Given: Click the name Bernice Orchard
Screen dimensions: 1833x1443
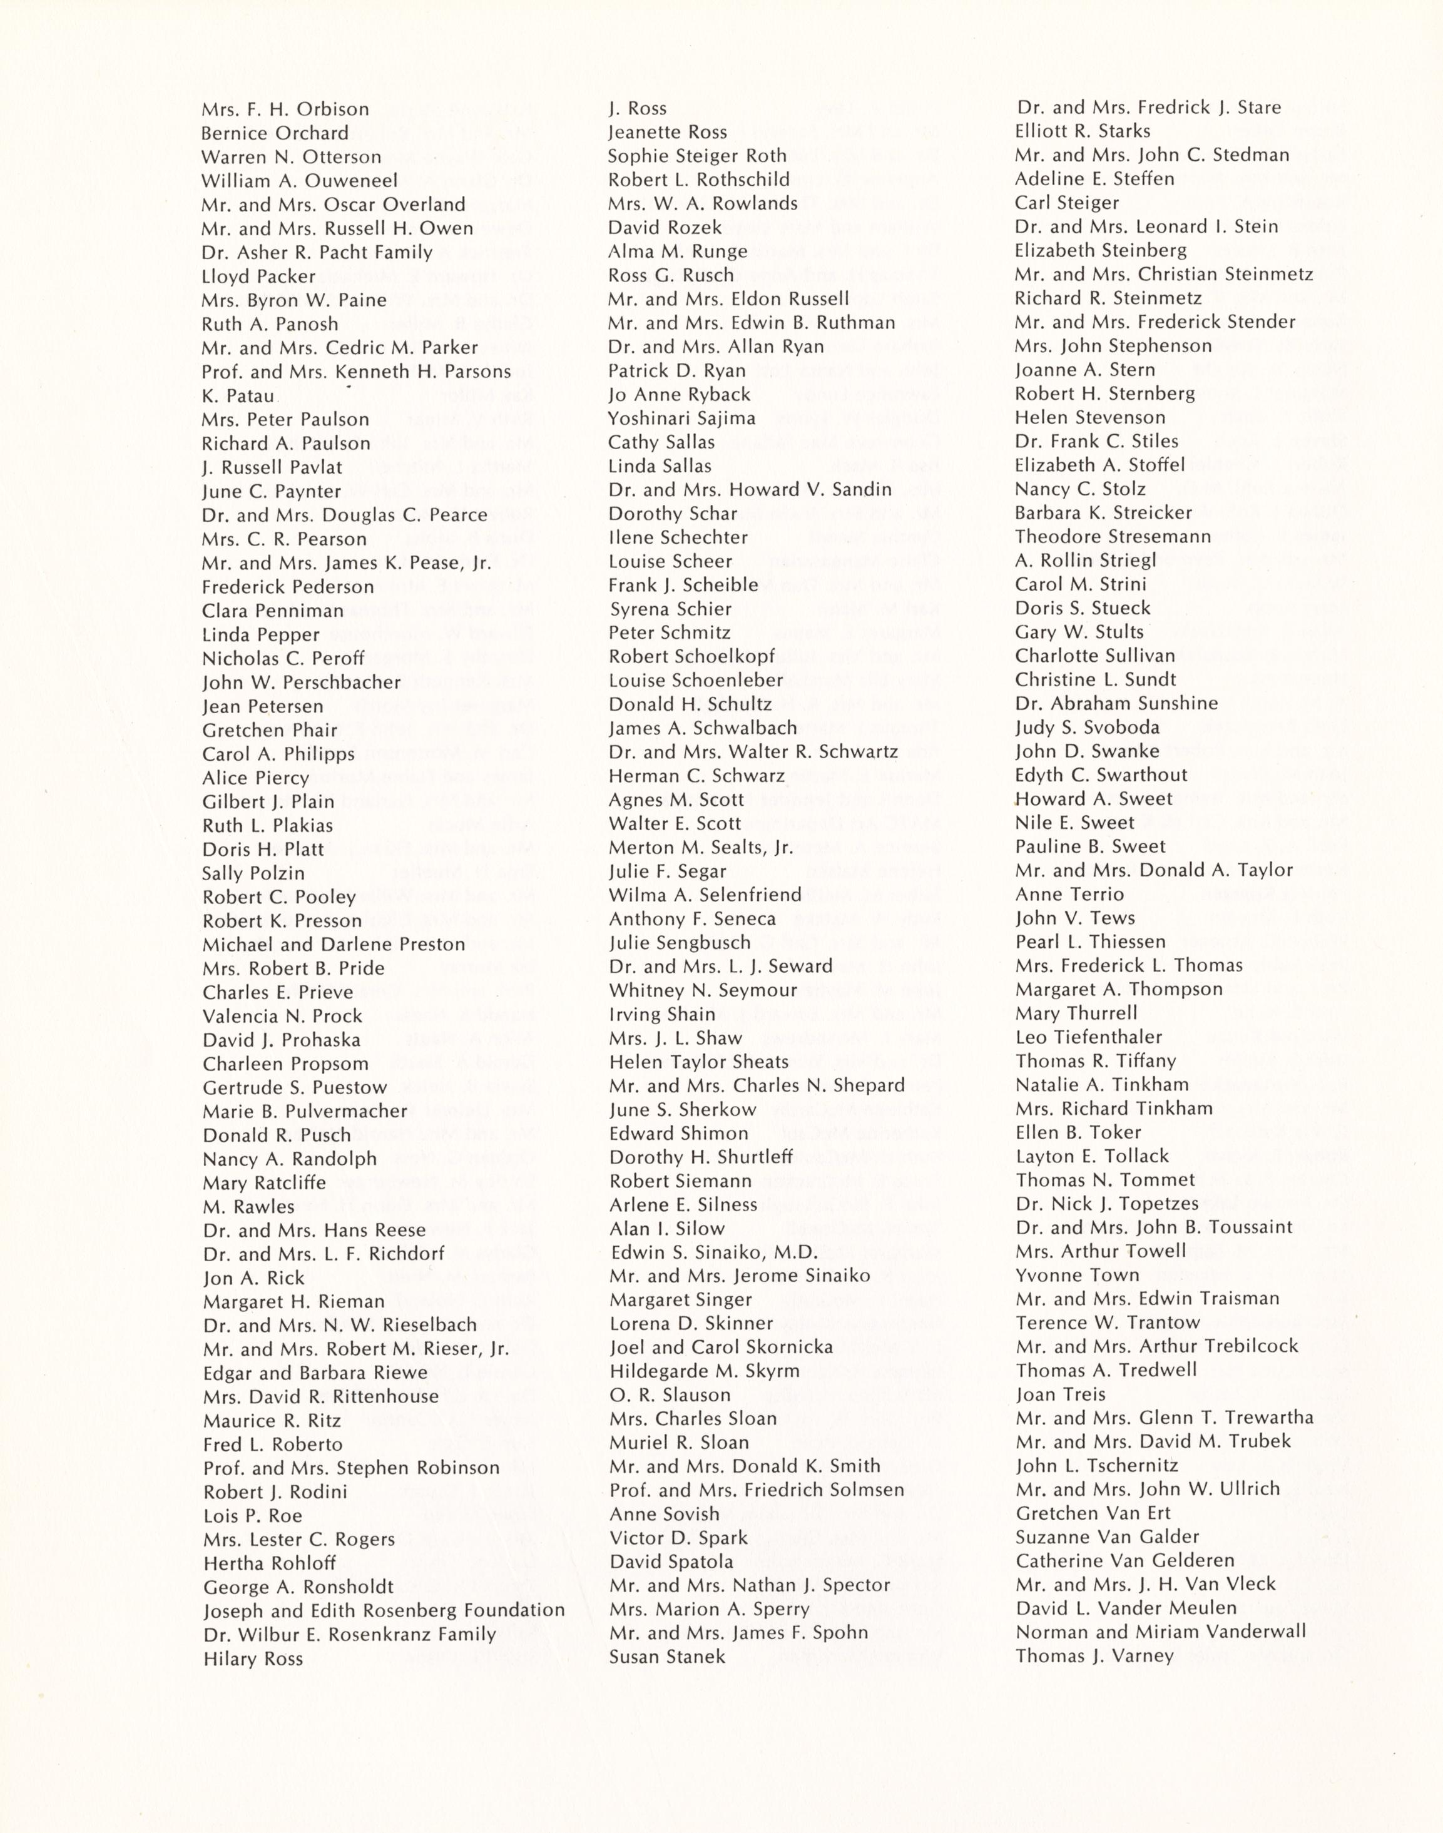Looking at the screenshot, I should point(275,133).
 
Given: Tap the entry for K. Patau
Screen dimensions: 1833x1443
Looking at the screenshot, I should point(237,395).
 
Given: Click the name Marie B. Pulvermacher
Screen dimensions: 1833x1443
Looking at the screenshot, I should point(305,1111).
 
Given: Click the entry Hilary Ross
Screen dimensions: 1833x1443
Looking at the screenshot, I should point(253,1659).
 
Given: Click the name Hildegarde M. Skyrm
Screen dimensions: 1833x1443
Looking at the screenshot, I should point(704,1371).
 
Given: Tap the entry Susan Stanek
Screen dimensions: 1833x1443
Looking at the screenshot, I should point(666,1657).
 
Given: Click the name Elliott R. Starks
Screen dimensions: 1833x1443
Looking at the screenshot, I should point(1083,131).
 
